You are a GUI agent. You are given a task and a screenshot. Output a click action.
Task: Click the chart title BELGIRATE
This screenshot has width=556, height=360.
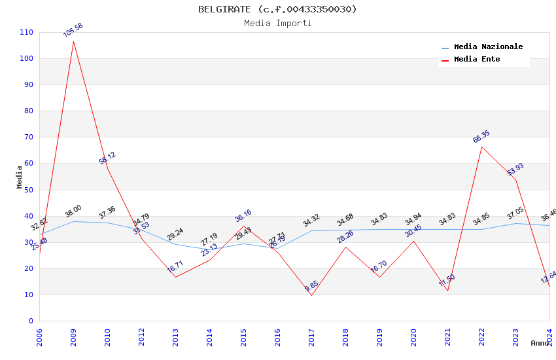point(277,9)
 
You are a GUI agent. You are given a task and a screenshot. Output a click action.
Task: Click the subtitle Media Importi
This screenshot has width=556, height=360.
point(277,24)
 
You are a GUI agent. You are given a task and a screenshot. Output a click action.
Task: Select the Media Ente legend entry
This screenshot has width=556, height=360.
point(477,60)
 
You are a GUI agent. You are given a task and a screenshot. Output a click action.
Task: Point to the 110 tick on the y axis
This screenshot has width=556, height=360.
point(26,32)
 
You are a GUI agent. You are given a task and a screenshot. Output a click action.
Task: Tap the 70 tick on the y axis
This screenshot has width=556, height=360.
point(28,137)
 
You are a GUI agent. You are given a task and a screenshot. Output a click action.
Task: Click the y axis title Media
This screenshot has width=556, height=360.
point(20,177)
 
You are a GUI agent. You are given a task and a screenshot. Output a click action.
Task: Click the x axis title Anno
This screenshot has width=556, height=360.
point(540,343)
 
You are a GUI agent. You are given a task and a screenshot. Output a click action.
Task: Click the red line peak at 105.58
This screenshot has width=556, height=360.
point(73,41)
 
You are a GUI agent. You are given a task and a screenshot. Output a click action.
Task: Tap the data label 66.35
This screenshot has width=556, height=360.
point(481,137)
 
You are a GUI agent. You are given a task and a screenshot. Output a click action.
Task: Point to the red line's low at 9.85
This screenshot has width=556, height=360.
point(311,295)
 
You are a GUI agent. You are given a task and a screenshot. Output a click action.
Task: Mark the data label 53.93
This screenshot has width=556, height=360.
point(515,170)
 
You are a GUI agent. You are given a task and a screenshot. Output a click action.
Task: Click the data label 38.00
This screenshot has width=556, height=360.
point(73,211)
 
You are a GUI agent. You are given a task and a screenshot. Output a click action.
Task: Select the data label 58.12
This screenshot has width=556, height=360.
point(107,158)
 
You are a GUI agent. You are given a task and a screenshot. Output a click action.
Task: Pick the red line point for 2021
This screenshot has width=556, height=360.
point(447,291)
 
